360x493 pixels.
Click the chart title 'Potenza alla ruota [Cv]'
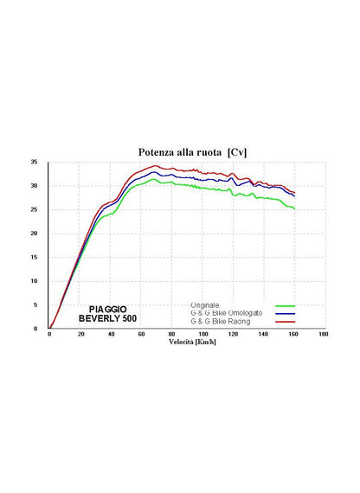[x=192, y=152]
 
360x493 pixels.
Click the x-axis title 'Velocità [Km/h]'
[x=192, y=343]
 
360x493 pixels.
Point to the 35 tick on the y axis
[x=34, y=163]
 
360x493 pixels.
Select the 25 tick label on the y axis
[x=34, y=209]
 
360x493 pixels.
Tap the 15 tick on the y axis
[x=34, y=257]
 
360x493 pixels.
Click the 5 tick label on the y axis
[x=35, y=304]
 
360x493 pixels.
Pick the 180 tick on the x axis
[x=323, y=334]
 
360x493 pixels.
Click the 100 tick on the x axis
[x=203, y=334]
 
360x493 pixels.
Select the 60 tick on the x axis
[x=141, y=334]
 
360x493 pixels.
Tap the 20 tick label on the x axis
[x=80, y=334]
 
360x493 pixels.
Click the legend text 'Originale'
[x=205, y=305]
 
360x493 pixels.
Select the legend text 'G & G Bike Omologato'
[x=226, y=313]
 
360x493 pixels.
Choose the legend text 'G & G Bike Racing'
[x=221, y=322]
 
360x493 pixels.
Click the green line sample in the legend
[x=285, y=306]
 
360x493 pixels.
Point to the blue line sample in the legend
[x=285, y=314]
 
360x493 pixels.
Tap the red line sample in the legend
[x=285, y=322]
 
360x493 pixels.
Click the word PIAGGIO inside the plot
[x=107, y=310]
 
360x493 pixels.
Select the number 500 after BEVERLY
[x=129, y=318]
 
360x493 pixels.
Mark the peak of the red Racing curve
[x=155, y=166]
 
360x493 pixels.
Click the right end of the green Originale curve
[x=294, y=208]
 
